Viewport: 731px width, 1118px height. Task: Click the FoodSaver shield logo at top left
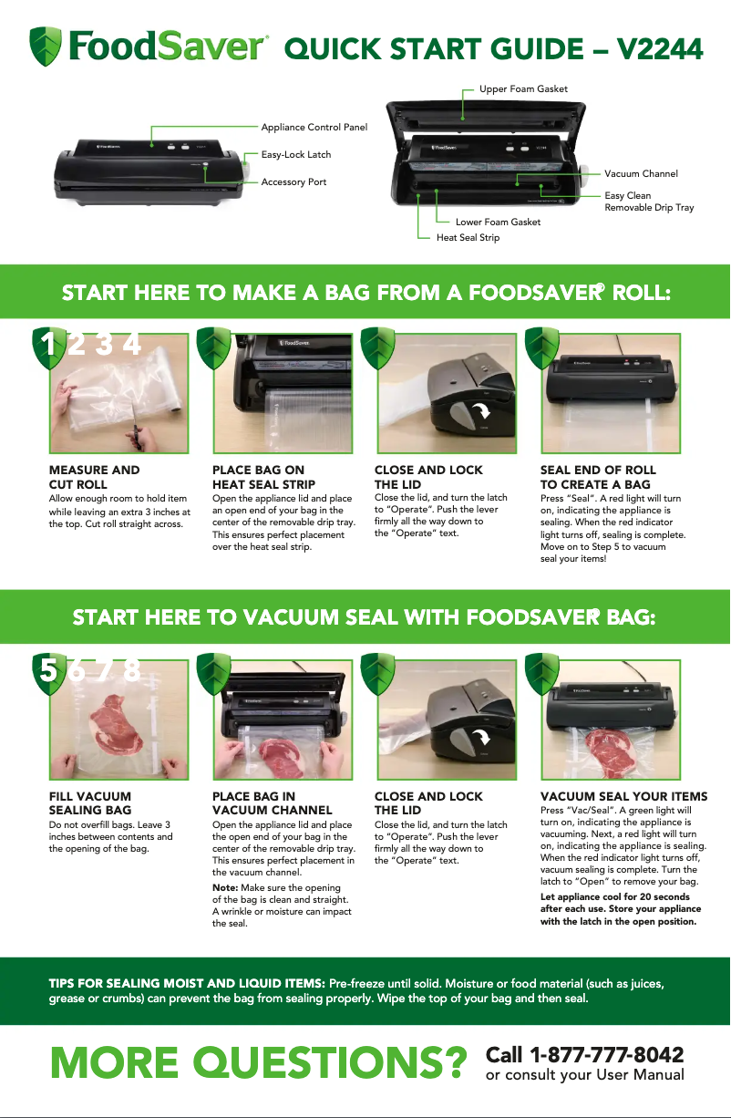point(46,47)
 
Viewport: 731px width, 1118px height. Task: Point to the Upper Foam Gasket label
point(523,88)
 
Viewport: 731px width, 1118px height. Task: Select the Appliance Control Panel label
point(314,127)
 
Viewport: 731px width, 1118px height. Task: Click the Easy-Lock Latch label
point(295,155)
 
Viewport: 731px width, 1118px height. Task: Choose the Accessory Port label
point(293,182)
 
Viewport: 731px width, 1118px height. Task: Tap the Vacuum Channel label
point(641,173)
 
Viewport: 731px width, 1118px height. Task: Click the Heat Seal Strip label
point(468,238)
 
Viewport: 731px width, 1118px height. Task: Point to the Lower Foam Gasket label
point(498,222)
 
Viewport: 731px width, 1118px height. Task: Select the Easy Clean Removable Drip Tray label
point(648,202)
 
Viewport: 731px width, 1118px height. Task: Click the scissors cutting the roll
point(137,422)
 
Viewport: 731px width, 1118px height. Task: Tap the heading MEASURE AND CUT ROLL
point(94,477)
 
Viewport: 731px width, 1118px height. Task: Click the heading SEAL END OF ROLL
point(597,471)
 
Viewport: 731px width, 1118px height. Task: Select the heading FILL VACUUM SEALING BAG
point(89,803)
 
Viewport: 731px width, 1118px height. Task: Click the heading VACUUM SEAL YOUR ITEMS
point(623,797)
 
